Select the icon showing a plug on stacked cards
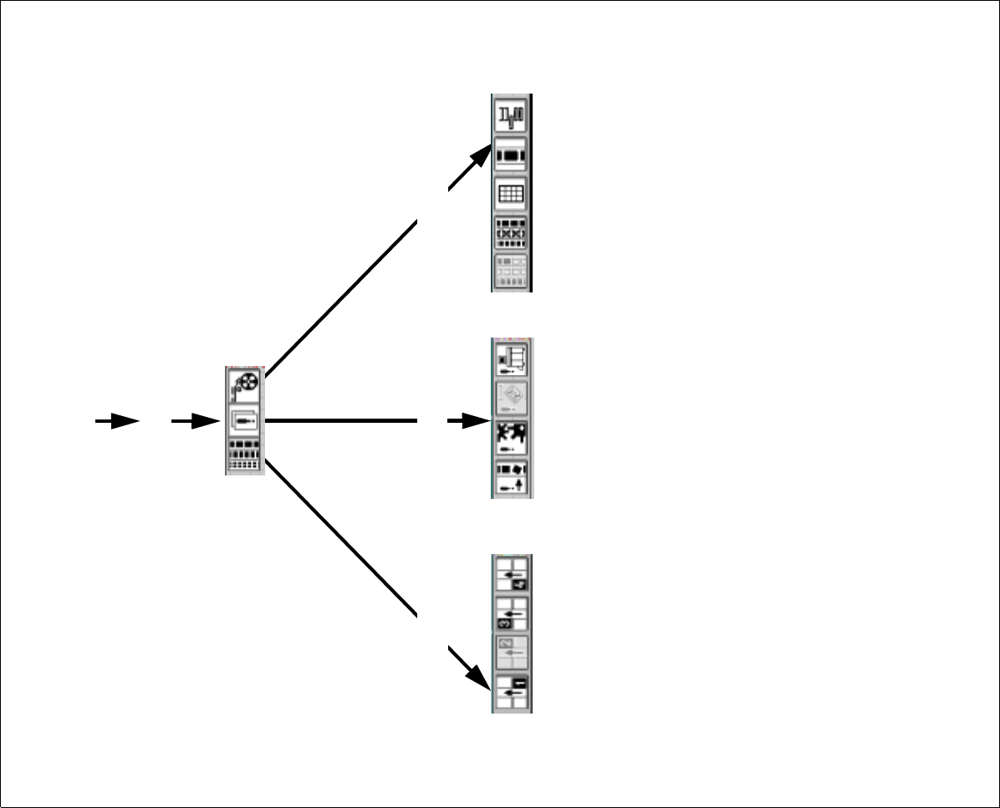tap(245, 420)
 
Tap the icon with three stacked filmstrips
tap(245, 456)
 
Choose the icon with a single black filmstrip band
tap(511, 155)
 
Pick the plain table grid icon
tap(511, 194)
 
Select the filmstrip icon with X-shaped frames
tap(511, 232)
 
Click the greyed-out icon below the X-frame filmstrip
tap(511, 271)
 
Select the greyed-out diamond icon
tap(512, 399)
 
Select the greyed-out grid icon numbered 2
tap(512, 653)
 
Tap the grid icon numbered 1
tap(512, 692)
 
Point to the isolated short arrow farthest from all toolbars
tap(117, 421)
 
